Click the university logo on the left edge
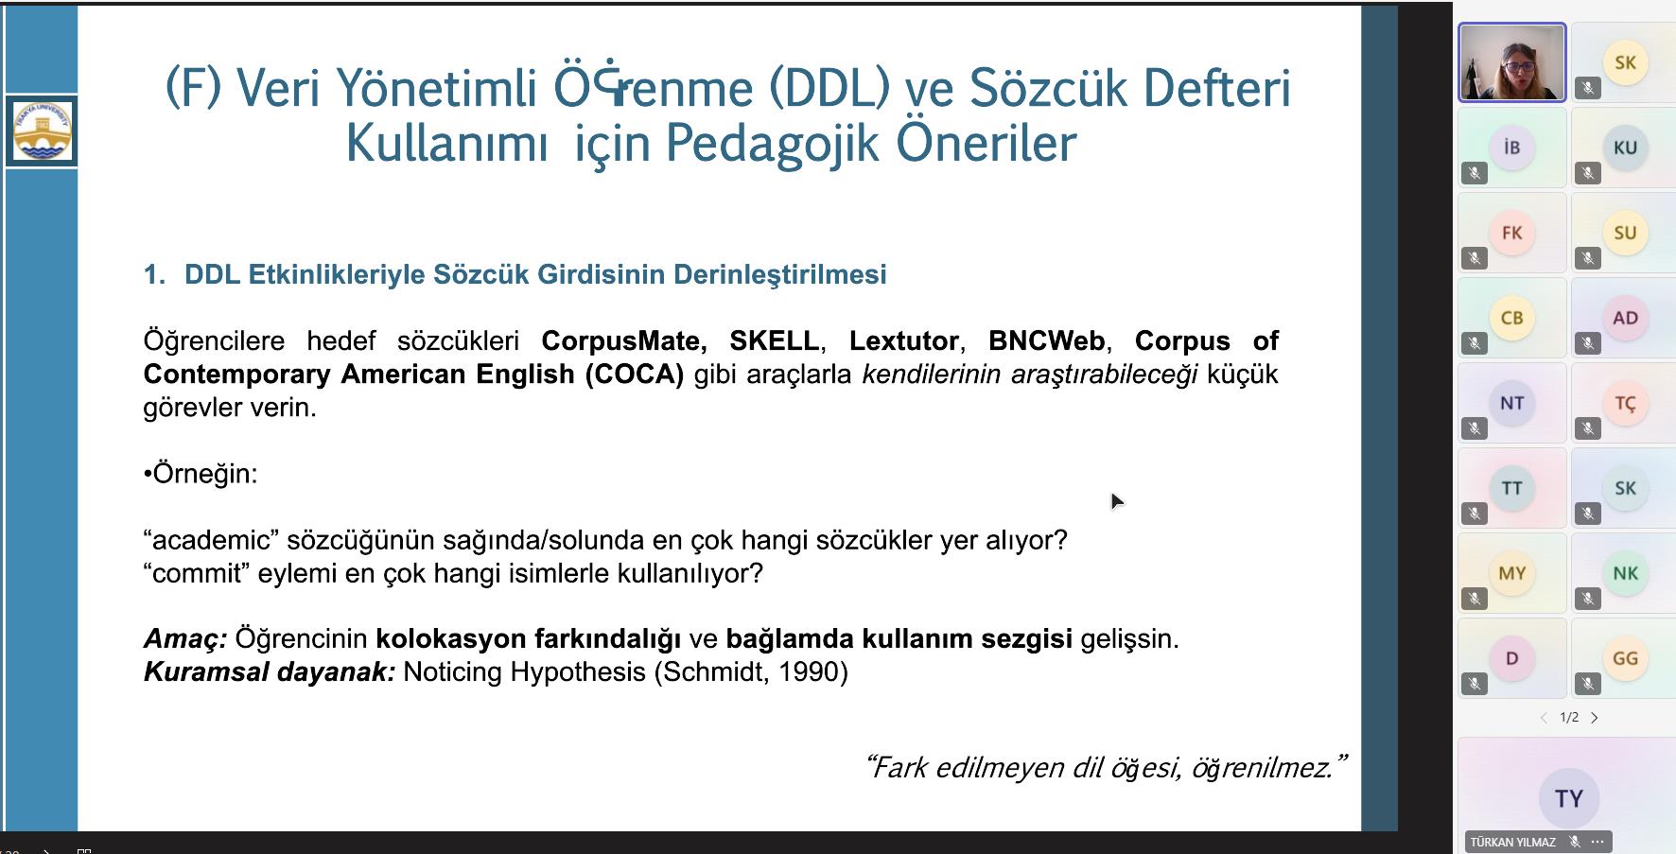(x=42, y=131)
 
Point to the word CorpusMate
(x=624, y=340)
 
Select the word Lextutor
(x=904, y=340)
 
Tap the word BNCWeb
(x=1046, y=340)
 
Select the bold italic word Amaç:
(x=185, y=639)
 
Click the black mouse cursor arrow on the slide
(x=1117, y=501)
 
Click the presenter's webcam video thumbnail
(x=1511, y=62)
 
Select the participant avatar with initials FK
(x=1511, y=233)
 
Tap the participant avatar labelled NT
(x=1511, y=403)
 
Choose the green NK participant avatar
(x=1625, y=573)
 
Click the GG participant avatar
(x=1625, y=658)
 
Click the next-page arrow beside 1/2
(x=1595, y=718)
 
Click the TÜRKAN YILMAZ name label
(x=1512, y=842)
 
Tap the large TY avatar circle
(x=1568, y=798)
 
